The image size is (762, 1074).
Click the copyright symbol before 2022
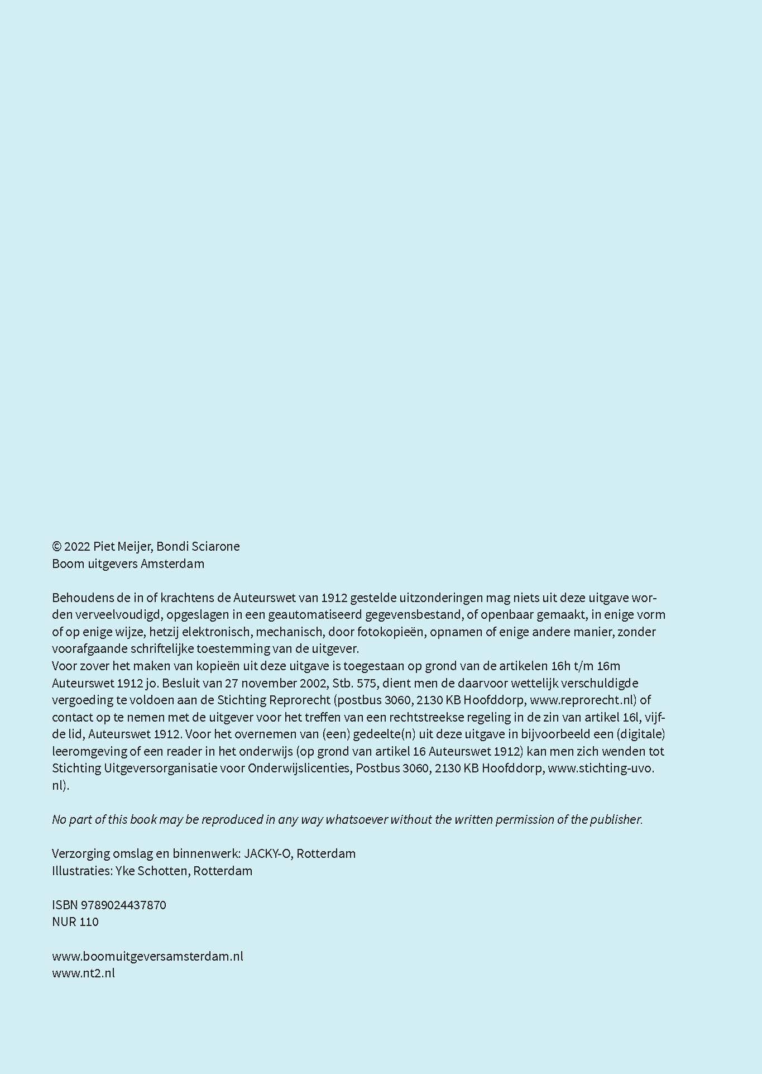(56, 546)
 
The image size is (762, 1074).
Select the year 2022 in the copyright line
(77, 546)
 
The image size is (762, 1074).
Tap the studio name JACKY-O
(269, 853)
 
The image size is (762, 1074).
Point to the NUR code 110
(89, 922)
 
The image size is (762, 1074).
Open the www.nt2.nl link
(83, 973)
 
